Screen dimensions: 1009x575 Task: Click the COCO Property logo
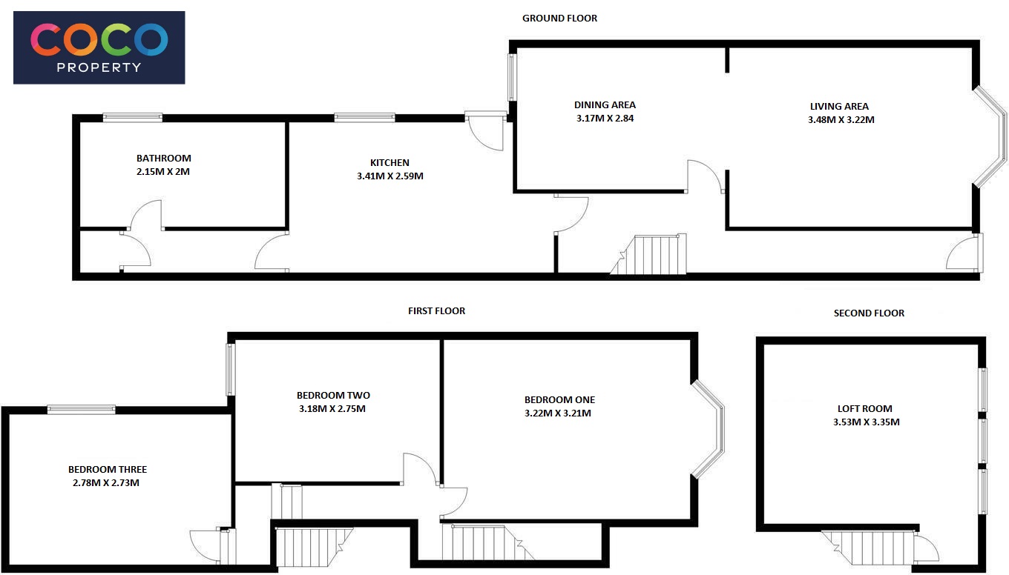99,47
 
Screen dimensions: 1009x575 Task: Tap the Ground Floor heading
559,19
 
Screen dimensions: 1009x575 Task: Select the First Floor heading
436,311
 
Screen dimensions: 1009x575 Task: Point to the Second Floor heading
869,313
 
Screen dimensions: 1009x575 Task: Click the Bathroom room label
163,159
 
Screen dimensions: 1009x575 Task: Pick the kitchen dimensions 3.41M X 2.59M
390,176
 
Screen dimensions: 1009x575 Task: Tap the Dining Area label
605,104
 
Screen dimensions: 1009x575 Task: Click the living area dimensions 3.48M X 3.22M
841,120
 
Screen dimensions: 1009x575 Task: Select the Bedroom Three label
108,469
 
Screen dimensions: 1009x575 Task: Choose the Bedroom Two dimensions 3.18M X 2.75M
332,408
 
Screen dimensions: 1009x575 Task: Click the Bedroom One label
559,399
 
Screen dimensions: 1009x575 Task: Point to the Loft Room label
865,408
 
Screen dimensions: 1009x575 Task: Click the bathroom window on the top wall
132,118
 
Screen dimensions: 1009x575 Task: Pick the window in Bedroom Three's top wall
82,410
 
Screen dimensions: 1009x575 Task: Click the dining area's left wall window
512,77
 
